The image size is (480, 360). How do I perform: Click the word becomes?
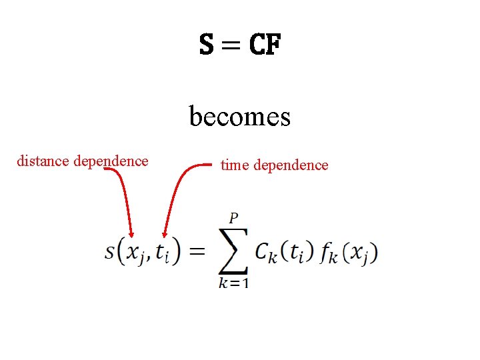(240, 117)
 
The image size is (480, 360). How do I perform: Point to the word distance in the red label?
(44, 161)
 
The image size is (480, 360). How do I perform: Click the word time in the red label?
(234, 165)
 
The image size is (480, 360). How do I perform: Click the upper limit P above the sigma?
(233, 218)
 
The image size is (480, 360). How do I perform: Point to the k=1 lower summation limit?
(233, 282)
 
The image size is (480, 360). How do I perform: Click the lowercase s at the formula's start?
(110, 252)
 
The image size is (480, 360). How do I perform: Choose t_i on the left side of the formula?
(163, 253)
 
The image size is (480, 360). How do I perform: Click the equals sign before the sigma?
(198, 252)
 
